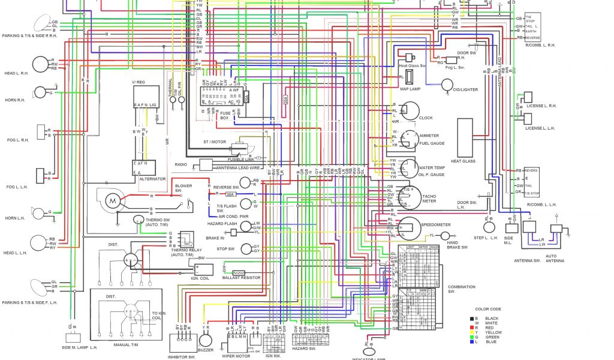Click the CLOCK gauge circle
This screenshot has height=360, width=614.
[410, 111]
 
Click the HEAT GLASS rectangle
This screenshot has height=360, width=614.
[466, 137]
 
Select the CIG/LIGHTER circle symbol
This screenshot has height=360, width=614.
[447, 85]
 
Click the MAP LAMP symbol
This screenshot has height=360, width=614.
[410, 77]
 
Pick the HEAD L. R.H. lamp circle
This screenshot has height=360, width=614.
[40, 64]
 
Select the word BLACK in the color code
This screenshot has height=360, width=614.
[492, 319]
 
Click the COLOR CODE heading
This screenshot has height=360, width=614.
[487, 309]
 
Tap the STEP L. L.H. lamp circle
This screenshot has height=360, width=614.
[489, 227]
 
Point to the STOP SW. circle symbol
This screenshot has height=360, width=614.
[246, 249]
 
